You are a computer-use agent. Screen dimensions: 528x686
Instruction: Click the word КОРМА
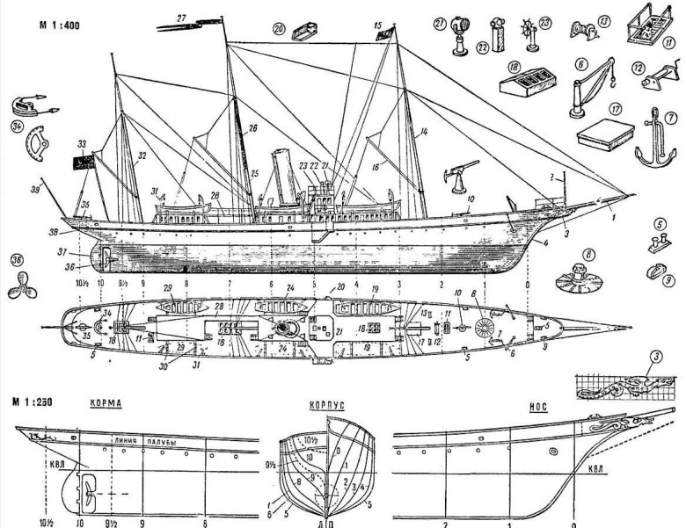[105, 407]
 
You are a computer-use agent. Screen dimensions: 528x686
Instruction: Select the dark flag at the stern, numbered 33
[84, 162]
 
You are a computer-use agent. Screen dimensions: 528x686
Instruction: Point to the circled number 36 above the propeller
[18, 260]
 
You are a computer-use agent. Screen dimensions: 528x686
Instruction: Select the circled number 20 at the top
[277, 29]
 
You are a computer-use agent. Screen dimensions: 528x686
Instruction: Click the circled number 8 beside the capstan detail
[581, 257]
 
